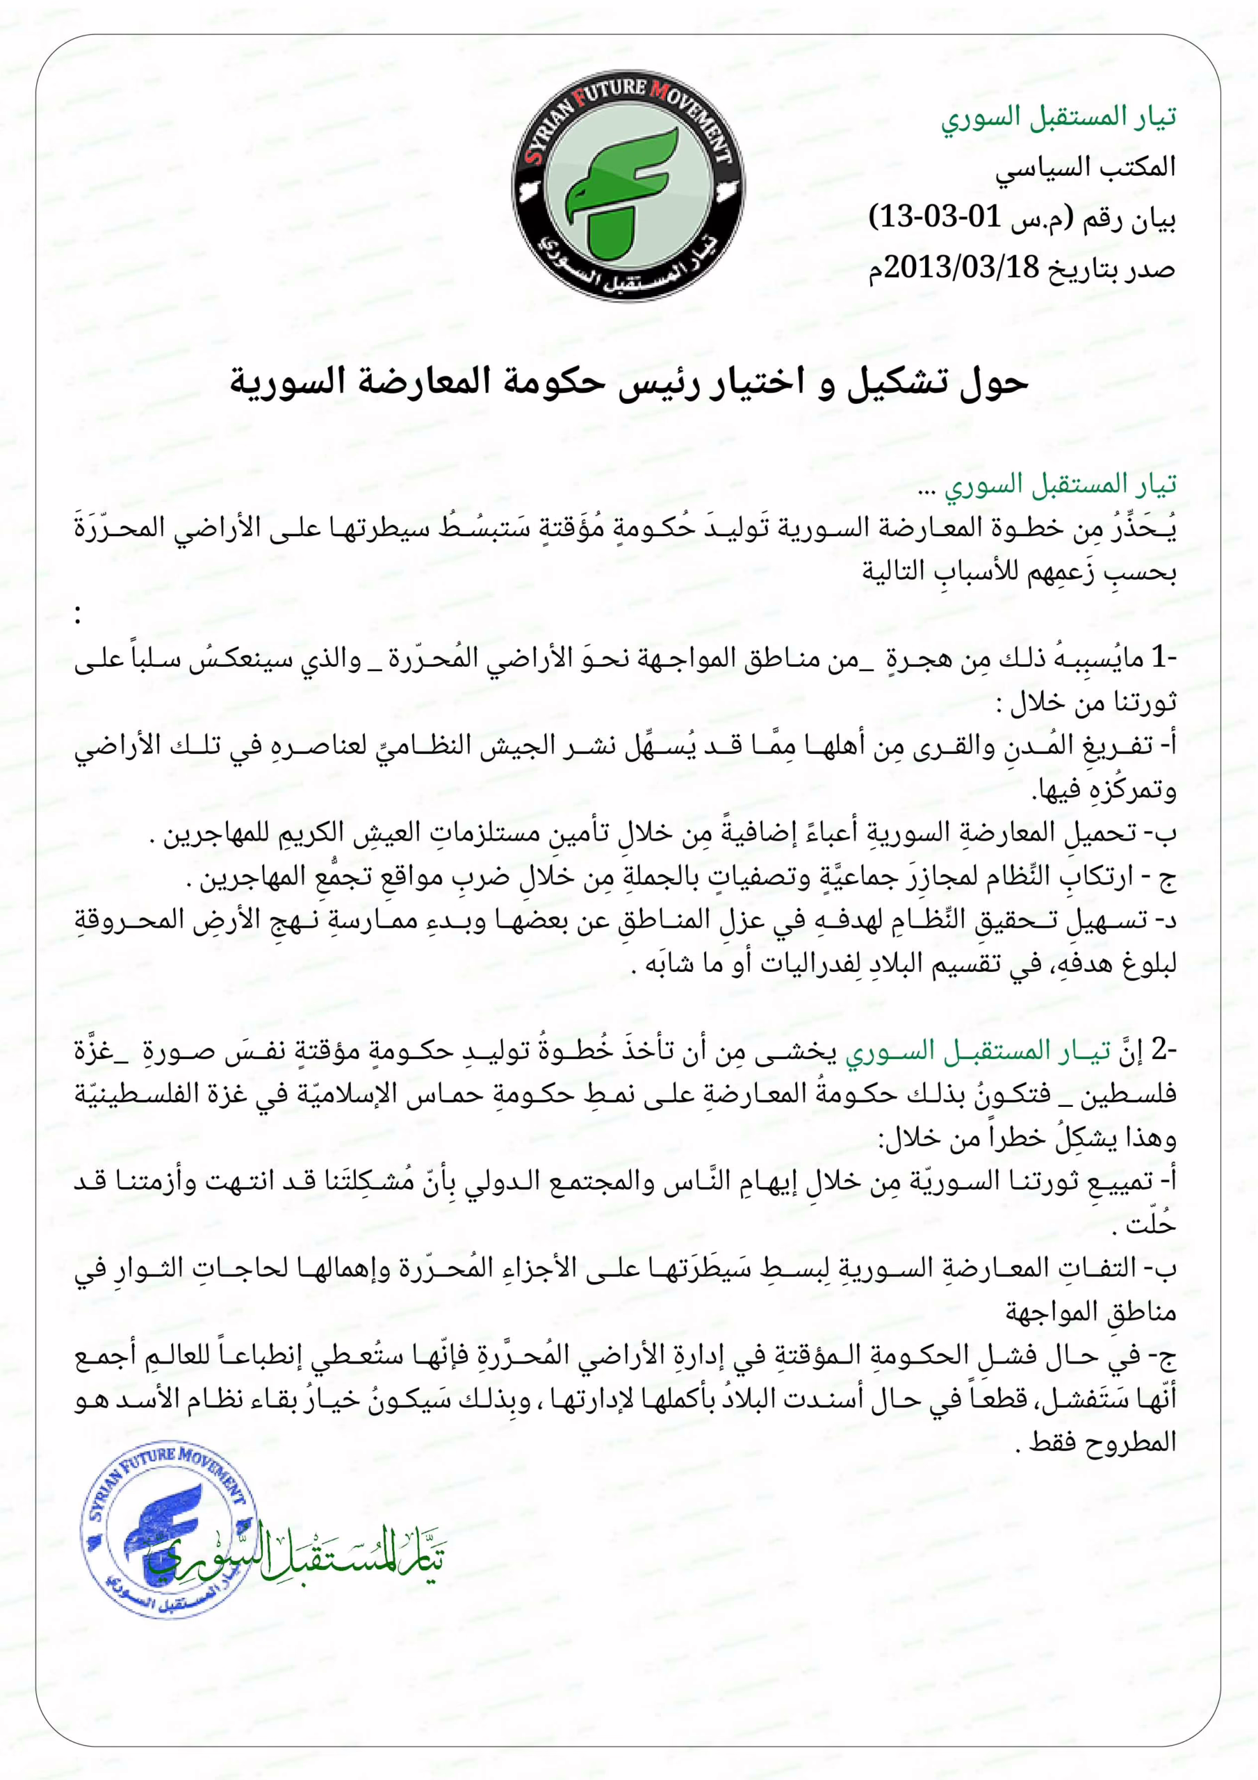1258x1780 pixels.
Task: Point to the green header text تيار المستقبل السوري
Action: pyautogui.click(x=1059, y=118)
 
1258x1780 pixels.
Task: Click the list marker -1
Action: pyautogui.click(x=1159, y=659)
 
